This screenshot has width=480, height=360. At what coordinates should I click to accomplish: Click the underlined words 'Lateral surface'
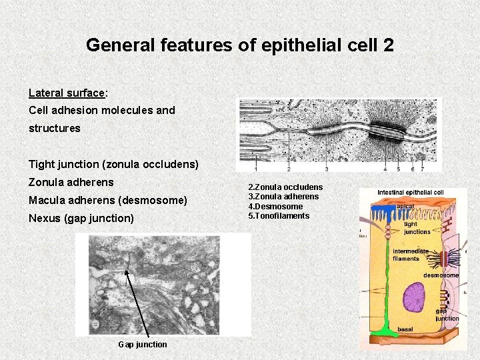67,93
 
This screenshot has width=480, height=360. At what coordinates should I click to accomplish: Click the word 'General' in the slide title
114,45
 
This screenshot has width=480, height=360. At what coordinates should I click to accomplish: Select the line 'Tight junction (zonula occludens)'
113,164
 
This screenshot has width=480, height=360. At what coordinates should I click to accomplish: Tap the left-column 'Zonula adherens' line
71,182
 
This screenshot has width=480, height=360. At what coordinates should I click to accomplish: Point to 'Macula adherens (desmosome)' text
108,200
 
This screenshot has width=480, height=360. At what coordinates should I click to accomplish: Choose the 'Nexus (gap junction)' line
81,218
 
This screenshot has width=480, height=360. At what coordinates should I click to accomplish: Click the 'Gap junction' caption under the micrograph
143,344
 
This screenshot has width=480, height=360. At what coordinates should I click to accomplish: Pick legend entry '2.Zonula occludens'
285,187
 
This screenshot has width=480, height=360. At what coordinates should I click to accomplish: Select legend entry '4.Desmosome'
275,206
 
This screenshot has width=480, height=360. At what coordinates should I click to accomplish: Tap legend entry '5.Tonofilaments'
279,215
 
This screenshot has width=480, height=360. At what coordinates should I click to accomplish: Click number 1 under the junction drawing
256,169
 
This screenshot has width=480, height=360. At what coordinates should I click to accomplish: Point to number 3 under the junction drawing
326,169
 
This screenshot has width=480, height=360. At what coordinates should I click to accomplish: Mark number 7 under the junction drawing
423,169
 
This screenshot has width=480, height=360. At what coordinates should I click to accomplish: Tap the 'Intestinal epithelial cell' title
410,193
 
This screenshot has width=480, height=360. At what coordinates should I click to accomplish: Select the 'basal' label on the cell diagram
405,329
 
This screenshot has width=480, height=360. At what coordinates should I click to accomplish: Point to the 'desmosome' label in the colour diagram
441,275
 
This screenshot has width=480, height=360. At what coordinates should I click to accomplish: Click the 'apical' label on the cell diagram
405,207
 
